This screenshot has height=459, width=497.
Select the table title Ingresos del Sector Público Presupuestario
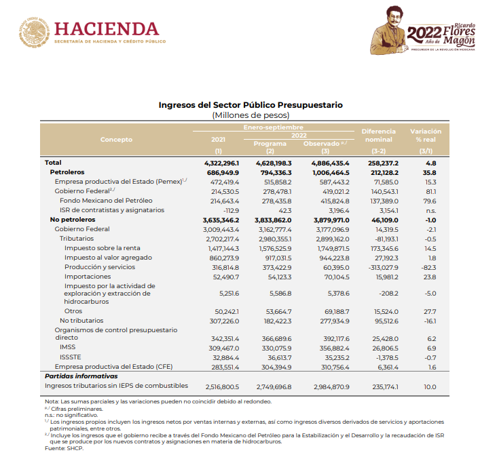tap(251, 105)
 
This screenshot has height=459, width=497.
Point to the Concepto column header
tap(116, 139)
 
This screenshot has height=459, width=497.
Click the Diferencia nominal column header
tap(378, 135)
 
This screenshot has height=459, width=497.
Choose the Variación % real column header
tap(426, 135)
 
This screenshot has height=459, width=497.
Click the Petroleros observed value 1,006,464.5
tap(329, 173)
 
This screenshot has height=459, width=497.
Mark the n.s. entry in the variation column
tap(430, 210)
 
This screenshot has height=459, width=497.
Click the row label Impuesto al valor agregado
tap(108, 258)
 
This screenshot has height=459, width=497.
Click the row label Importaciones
tap(88, 277)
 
